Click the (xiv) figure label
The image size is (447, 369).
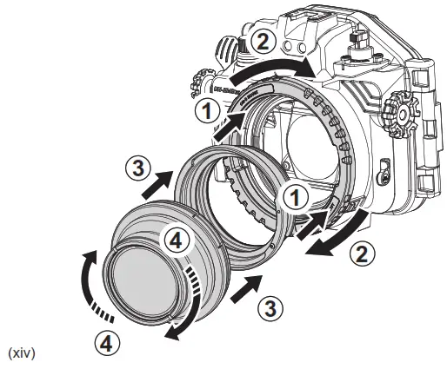21,353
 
